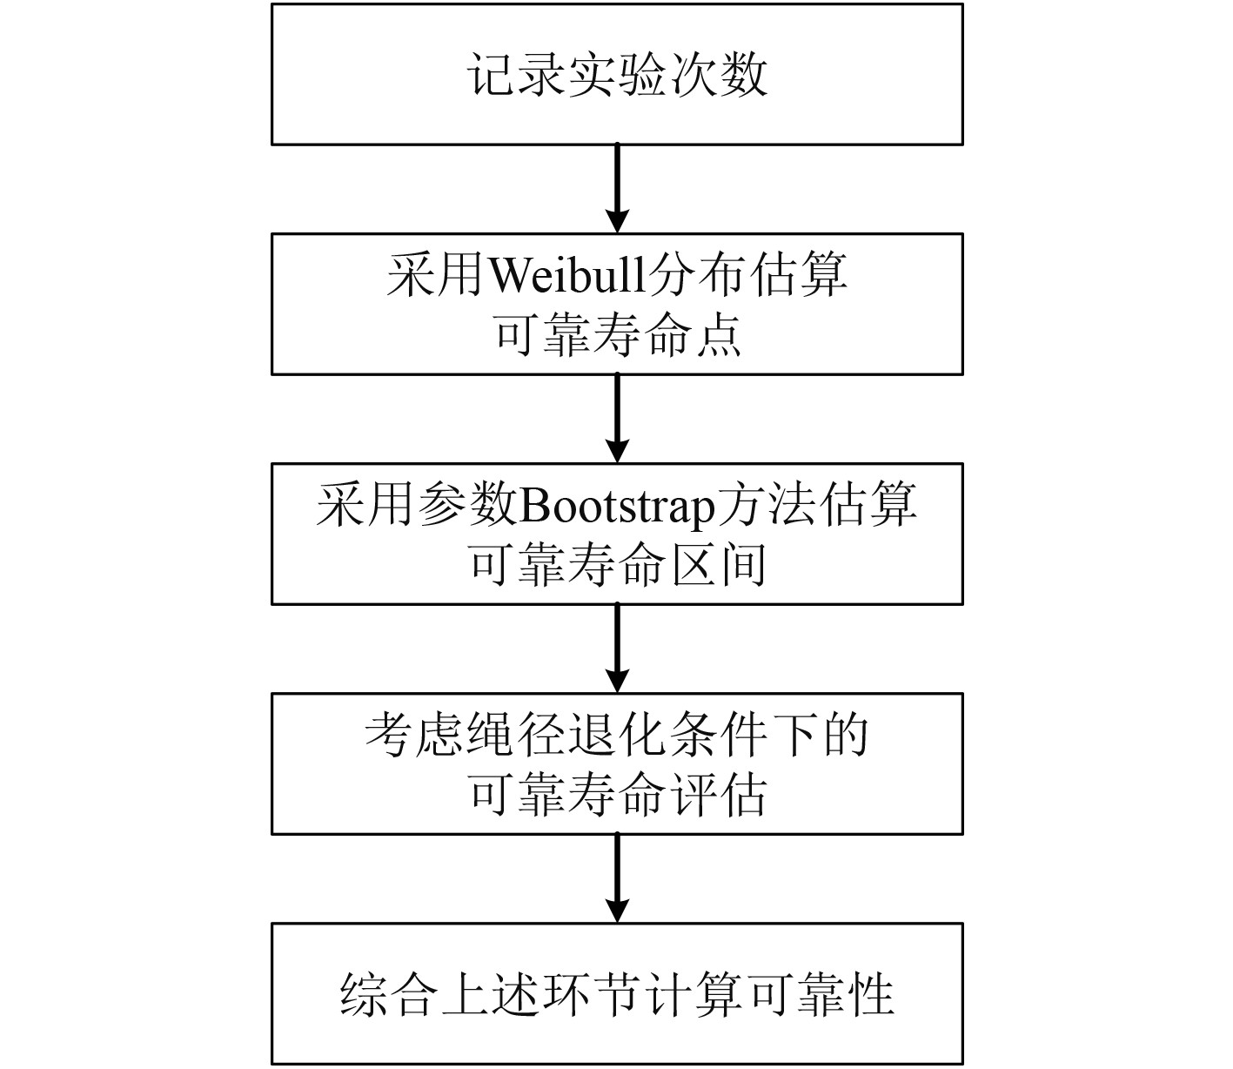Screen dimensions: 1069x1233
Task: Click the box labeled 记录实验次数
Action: click(x=616, y=74)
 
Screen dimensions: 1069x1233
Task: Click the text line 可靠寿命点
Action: click(x=616, y=334)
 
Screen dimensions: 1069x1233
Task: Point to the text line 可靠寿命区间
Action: click(x=616, y=564)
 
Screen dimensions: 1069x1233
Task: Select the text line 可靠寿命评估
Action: click(x=616, y=794)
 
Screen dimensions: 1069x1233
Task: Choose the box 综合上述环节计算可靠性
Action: click(x=616, y=993)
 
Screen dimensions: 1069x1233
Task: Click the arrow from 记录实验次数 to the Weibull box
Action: click(x=616, y=188)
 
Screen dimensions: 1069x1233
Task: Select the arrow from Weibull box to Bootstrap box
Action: click(x=616, y=418)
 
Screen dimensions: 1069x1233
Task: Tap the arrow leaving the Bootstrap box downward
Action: click(x=616, y=648)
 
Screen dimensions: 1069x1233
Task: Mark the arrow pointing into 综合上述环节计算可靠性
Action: click(x=616, y=877)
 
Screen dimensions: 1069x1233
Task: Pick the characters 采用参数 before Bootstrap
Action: click(x=416, y=506)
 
